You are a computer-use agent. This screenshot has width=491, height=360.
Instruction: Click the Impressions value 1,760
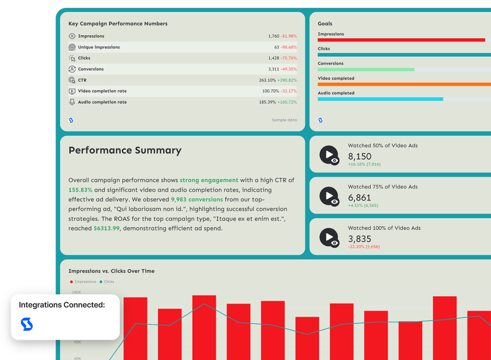pyautogui.click(x=274, y=36)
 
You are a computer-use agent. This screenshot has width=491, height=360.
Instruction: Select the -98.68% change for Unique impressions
pyautogui.click(x=289, y=47)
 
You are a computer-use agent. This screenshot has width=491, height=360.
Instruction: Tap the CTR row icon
pyautogui.click(x=72, y=80)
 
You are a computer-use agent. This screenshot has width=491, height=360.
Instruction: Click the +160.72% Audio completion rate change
pyautogui.click(x=287, y=102)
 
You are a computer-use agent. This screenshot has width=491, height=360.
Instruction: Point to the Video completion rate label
pyautogui.click(x=102, y=91)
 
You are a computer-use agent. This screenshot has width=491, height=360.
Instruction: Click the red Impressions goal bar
pyautogui.click(x=401, y=40)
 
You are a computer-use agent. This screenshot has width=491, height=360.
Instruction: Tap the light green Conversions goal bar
pyautogui.click(x=366, y=70)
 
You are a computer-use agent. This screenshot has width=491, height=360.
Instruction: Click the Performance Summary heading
pyautogui.click(x=125, y=151)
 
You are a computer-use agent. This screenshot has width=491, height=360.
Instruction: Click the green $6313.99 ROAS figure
pyautogui.click(x=106, y=228)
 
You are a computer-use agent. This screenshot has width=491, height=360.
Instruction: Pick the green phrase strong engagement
pyautogui.click(x=209, y=180)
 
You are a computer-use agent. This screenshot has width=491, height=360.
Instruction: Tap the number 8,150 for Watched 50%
pyautogui.click(x=359, y=156)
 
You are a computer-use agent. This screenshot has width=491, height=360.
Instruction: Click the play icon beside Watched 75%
pyautogui.click(x=329, y=196)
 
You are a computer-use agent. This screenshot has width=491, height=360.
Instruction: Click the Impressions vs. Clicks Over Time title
pyautogui.click(x=111, y=271)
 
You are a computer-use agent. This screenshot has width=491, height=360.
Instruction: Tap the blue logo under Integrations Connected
pyautogui.click(x=26, y=324)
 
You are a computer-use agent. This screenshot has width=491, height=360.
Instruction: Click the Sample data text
pyautogui.click(x=284, y=120)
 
